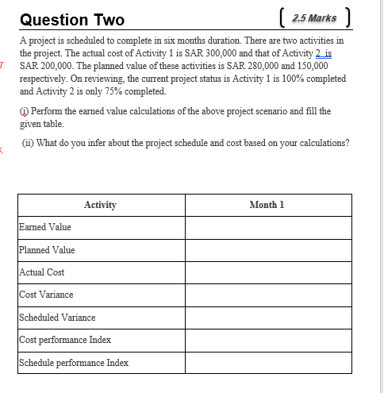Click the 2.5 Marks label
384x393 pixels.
point(313,18)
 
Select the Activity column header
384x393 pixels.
point(100,205)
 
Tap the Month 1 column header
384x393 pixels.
point(267,205)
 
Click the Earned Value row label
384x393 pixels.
point(45,227)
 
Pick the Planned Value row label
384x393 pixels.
point(47,250)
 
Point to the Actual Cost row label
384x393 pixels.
point(42,272)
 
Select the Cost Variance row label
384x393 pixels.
point(46,295)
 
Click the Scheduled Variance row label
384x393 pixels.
point(57,318)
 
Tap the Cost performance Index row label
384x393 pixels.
point(65,340)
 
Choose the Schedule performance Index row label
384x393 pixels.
point(73,363)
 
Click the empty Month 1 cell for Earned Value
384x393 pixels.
point(267,227)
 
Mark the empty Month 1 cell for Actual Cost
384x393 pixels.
point(267,272)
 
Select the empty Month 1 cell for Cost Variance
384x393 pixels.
point(267,295)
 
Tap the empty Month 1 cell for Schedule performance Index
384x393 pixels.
point(267,363)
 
